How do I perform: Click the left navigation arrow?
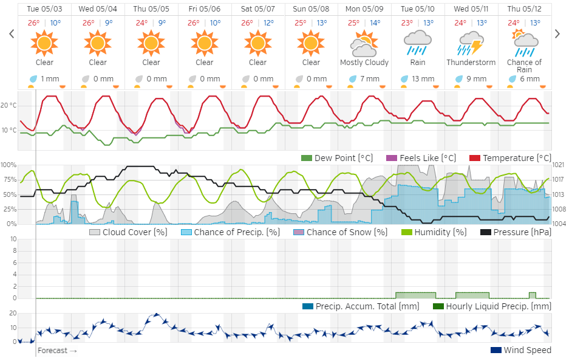12,34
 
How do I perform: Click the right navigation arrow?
557,34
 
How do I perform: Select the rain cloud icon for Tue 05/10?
418,43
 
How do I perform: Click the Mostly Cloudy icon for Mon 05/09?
364,43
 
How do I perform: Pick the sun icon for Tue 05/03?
44,43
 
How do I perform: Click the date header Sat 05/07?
257,9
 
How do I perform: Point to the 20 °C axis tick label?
9,106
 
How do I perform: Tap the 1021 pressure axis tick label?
559,165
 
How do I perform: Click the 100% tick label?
9,165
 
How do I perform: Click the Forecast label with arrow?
57,351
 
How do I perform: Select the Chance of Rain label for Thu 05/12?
525,66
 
